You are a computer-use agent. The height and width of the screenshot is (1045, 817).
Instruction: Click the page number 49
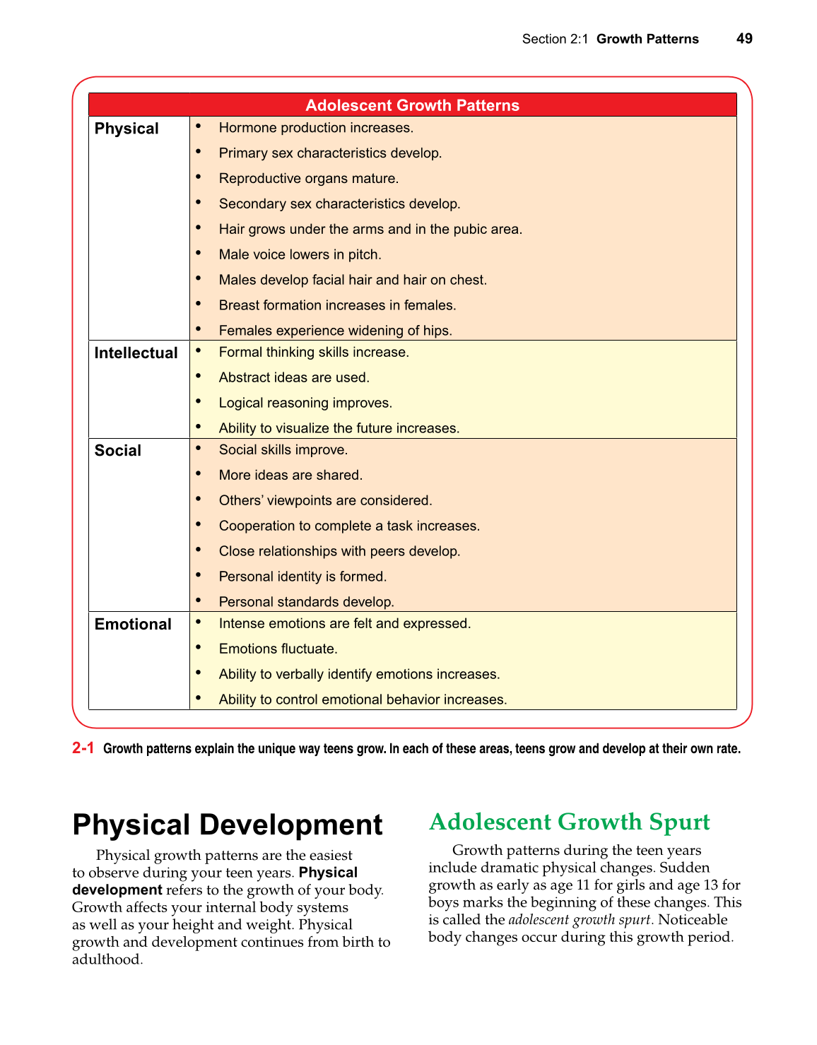[744, 39]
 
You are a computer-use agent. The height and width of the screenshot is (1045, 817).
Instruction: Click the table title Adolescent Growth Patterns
[412, 105]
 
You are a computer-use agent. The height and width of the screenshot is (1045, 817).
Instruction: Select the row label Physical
[127, 129]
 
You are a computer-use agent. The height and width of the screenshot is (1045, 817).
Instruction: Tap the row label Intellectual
[136, 353]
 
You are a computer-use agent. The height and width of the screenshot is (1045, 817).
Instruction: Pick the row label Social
[118, 451]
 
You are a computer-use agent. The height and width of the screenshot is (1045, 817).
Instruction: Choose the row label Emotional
[133, 625]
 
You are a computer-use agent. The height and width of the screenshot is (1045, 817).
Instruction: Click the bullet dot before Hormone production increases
[199, 126]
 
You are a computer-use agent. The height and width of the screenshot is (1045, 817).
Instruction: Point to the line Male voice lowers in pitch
[300, 254]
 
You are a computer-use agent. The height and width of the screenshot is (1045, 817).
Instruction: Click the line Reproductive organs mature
[308, 178]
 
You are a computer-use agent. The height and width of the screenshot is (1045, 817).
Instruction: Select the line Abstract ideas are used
[294, 377]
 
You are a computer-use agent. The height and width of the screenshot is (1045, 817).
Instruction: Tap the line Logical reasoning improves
[305, 403]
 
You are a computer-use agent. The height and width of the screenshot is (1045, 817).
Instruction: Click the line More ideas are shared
[290, 475]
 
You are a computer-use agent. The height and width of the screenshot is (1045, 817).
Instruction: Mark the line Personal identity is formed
[302, 577]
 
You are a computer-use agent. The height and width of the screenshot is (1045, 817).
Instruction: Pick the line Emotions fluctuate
[278, 649]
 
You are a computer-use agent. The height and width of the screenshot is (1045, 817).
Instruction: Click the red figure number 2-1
[83, 748]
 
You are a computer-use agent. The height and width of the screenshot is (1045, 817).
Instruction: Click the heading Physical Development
[228, 825]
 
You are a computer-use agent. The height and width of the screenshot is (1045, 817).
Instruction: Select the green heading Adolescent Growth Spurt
[569, 822]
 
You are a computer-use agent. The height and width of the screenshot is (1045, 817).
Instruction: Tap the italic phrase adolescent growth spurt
[579, 920]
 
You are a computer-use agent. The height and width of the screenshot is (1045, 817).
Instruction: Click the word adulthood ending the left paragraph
[106, 960]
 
